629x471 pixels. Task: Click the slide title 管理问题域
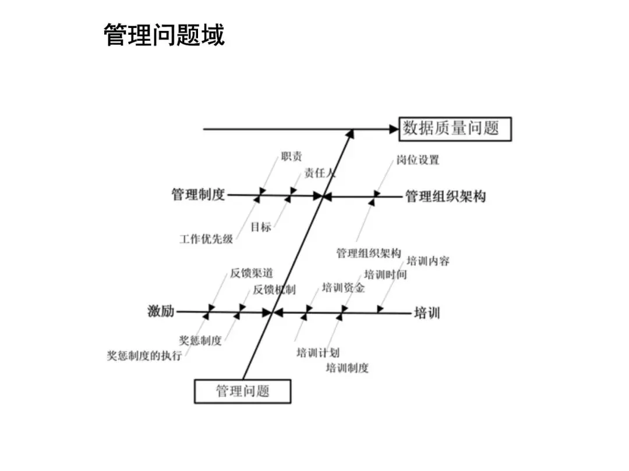point(164,35)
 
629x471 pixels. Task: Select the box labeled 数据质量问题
point(455,129)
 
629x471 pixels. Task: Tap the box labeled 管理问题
point(242,391)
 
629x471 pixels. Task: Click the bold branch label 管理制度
point(198,195)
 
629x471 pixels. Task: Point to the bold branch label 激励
point(161,312)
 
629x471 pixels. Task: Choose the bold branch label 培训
point(427,313)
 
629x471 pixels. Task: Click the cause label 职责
point(291,157)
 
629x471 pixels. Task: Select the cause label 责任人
point(320,173)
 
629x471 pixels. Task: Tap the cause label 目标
point(261,227)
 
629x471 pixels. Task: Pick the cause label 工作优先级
point(206,239)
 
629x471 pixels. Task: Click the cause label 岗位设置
point(418,160)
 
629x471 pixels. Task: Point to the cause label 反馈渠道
point(251,273)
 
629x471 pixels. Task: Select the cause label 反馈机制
point(274,290)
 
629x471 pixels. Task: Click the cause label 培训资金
point(343,287)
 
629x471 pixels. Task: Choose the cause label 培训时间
point(386,274)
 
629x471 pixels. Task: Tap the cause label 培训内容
point(428,261)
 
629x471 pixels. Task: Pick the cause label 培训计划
point(318,352)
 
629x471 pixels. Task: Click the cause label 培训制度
point(347,367)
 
